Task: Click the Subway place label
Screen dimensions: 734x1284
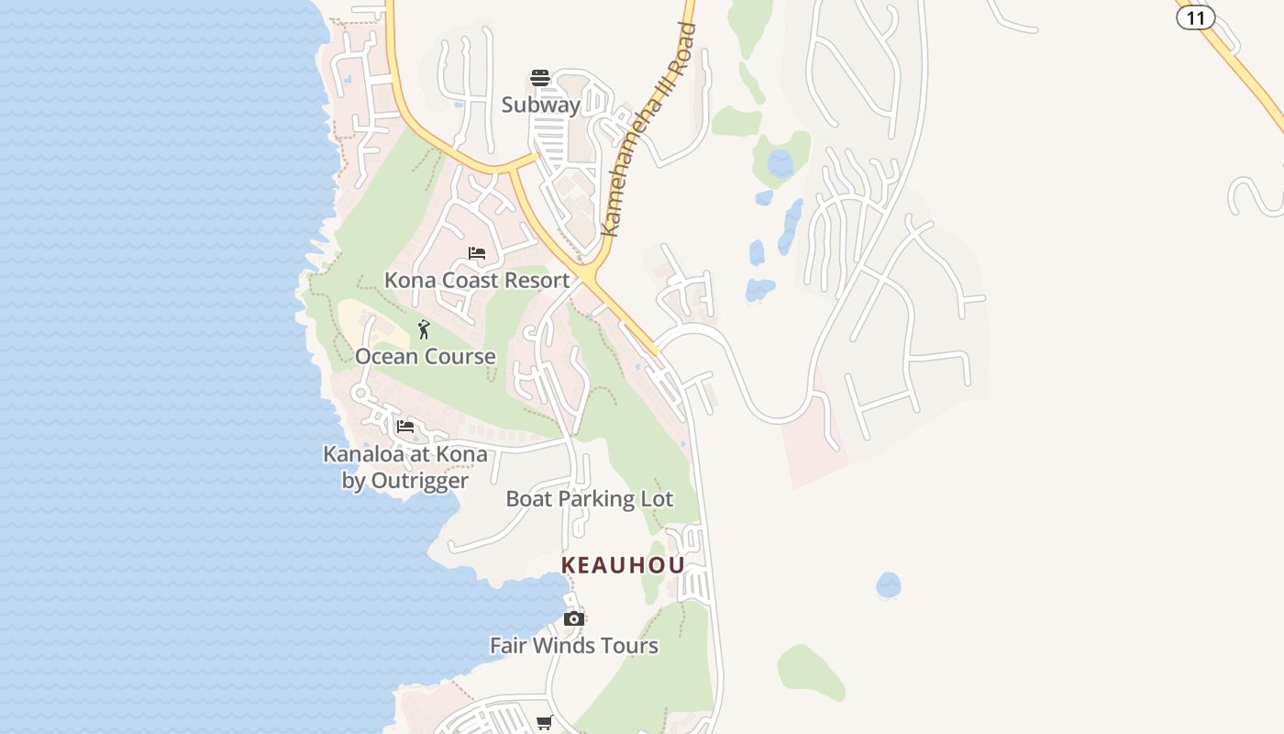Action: [x=541, y=105]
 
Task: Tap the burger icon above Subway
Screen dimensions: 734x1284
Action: [x=540, y=78]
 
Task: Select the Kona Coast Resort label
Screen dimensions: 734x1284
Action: [x=477, y=280]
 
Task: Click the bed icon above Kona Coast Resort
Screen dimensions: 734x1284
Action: [x=477, y=253]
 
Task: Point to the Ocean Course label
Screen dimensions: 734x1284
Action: [x=426, y=356]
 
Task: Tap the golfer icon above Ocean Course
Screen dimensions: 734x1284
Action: [x=424, y=329]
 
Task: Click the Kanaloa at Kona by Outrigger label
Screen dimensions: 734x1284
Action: [x=405, y=467]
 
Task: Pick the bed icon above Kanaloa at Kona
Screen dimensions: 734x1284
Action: [x=405, y=427]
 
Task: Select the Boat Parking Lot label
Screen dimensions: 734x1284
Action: [x=590, y=499]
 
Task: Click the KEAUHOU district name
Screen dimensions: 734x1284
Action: [x=624, y=565]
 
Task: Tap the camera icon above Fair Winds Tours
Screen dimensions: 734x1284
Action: [x=574, y=619]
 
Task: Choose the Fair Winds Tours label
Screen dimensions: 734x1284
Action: [x=574, y=646]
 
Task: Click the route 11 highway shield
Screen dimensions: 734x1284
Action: [x=1195, y=17]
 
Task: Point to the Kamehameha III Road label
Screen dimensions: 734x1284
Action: [x=648, y=129]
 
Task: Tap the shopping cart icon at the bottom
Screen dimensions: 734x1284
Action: [x=545, y=723]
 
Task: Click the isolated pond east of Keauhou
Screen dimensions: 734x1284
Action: [x=888, y=584]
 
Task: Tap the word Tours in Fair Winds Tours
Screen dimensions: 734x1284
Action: [x=628, y=646]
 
